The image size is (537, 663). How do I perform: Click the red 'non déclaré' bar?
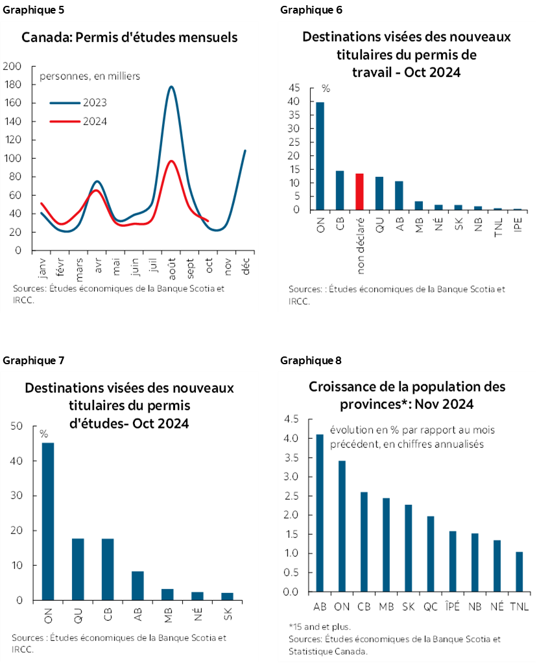(x=359, y=192)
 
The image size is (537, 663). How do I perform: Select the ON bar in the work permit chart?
(x=320, y=156)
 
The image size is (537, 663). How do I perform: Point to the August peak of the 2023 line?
(x=171, y=87)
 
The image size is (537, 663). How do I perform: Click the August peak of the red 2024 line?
(x=171, y=161)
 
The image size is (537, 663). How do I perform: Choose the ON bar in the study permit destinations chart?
(x=48, y=522)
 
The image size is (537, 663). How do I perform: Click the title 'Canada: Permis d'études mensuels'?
(x=130, y=37)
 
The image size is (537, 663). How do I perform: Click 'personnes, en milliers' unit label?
(x=90, y=76)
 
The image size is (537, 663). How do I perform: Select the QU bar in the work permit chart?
(x=379, y=193)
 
